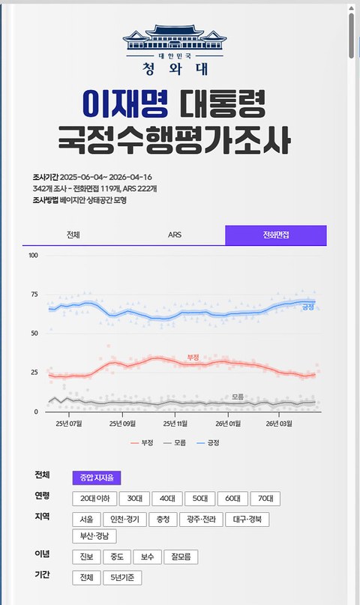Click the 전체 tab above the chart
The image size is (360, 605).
[x=73, y=235]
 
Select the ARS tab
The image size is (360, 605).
[x=174, y=235]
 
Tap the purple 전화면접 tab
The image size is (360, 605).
[x=275, y=235]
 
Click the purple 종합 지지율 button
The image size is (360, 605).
[x=97, y=478]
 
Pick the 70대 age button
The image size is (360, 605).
[x=265, y=499]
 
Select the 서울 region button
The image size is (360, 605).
[x=85, y=520]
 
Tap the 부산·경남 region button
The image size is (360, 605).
[x=94, y=536]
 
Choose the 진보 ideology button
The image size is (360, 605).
[x=85, y=557]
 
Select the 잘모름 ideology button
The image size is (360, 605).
[x=180, y=557]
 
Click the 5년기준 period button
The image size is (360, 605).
[x=122, y=578]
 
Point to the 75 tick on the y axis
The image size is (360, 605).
[x=34, y=295]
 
